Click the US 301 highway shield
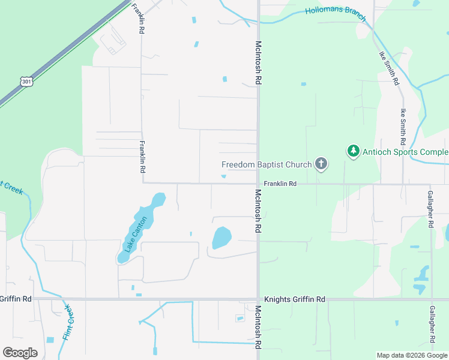tap(26, 80)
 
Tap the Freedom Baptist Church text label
tap(267, 164)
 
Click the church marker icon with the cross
tap(321, 163)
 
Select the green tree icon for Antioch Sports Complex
tap(354, 151)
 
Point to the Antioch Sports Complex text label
tap(406, 152)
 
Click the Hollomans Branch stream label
tap(336, 13)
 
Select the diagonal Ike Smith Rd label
tap(389, 67)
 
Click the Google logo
tap(20, 353)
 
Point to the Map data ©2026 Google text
tap(412, 355)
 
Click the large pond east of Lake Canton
tap(221, 237)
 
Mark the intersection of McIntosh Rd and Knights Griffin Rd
tap(258, 299)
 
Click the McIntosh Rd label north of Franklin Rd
tap(258, 62)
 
